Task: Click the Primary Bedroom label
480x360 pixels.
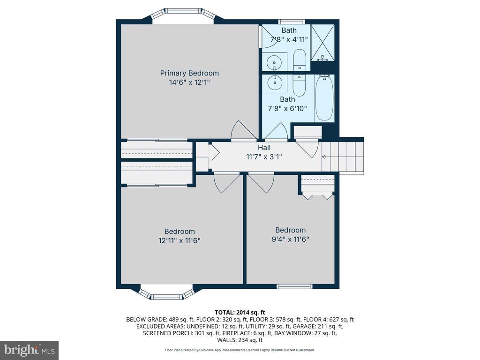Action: (189, 73)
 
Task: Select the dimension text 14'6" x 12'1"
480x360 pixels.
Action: (189, 82)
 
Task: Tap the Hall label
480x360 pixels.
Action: (264, 148)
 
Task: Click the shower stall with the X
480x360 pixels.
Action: (322, 43)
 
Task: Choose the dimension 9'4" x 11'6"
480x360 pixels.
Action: (290, 239)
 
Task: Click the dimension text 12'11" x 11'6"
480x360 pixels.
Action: (180, 240)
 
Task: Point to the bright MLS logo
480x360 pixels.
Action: (30, 350)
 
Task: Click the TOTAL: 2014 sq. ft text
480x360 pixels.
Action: (240, 313)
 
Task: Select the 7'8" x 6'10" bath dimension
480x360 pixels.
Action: (287, 108)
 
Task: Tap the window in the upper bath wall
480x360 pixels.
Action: (292, 22)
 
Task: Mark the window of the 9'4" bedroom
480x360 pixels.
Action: (294, 286)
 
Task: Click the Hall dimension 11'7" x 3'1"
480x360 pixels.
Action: (264, 157)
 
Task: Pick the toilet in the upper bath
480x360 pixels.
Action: (299, 60)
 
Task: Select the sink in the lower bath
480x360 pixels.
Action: (275, 82)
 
